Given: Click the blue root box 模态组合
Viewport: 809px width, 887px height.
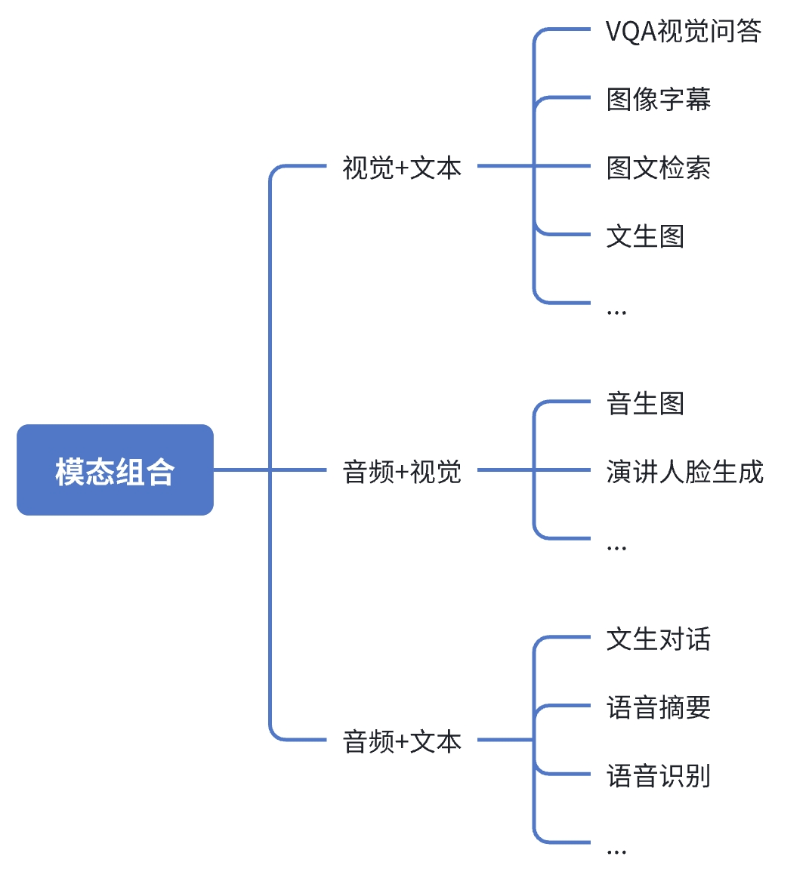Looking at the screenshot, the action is [x=115, y=470].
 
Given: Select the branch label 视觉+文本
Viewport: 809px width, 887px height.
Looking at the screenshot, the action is [x=402, y=168].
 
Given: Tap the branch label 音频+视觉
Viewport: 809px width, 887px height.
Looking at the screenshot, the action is [x=402, y=471].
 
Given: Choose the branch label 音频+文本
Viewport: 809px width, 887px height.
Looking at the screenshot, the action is [x=402, y=741].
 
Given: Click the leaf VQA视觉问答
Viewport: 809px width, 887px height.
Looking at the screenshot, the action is [x=684, y=31].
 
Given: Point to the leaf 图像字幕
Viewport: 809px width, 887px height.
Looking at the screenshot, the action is [x=659, y=100].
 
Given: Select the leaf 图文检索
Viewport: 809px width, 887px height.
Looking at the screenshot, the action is [x=659, y=168].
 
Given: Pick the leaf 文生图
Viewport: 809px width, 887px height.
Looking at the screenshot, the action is [x=645, y=236].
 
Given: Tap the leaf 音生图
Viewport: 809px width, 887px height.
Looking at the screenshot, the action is [x=645, y=403].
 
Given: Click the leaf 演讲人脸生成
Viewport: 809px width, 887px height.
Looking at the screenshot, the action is [x=685, y=471].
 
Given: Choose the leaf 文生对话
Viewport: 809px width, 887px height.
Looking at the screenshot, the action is [x=659, y=639].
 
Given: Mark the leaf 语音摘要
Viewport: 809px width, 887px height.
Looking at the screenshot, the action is [x=659, y=707].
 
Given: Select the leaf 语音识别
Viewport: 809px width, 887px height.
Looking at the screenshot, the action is [x=659, y=775].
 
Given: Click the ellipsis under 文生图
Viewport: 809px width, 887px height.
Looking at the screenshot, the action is [x=616, y=313].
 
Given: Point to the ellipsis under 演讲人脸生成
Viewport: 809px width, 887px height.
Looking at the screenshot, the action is [x=616, y=548].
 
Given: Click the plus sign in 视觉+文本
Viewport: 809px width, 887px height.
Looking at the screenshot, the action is [x=402, y=168].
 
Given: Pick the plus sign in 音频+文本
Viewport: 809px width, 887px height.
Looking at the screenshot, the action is [x=402, y=741].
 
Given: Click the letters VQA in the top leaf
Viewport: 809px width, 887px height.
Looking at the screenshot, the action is [x=631, y=31].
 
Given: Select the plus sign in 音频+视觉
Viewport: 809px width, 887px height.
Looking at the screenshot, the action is [x=402, y=472].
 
